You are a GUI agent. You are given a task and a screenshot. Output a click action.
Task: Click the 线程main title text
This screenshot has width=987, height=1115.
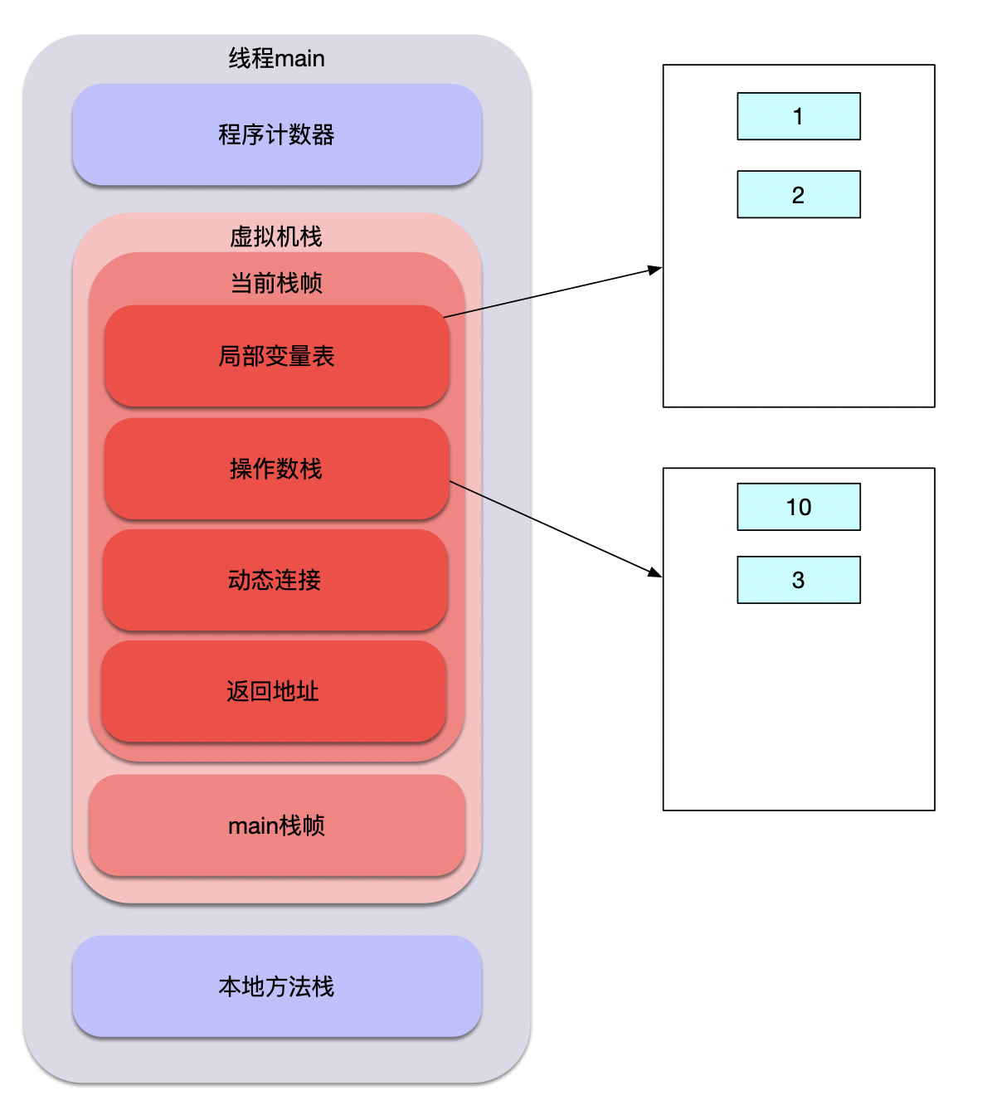click(x=276, y=59)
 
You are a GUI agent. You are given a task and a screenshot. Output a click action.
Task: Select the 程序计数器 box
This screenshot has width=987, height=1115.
click(x=276, y=134)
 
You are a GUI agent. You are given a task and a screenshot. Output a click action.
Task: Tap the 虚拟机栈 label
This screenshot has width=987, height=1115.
click(x=276, y=236)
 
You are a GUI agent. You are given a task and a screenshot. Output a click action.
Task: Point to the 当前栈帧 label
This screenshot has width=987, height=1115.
click(x=276, y=283)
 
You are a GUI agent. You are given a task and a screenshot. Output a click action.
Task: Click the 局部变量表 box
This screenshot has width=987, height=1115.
click(x=276, y=356)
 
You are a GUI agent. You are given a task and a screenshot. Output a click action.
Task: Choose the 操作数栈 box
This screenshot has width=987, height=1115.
click(x=276, y=469)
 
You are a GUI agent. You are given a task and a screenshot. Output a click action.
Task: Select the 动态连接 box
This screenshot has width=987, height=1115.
click(x=275, y=580)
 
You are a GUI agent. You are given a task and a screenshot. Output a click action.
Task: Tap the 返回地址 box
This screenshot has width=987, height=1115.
click(x=273, y=691)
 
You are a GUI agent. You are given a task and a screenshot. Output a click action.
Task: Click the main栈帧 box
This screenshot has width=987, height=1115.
click(x=276, y=825)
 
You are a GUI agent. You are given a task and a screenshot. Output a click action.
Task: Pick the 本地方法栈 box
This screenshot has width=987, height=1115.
click(x=276, y=986)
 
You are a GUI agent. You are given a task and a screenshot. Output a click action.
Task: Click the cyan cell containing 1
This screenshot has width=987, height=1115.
click(x=798, y=116)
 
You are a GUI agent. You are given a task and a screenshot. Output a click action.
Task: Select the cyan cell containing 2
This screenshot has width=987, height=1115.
click(x=798, y=194)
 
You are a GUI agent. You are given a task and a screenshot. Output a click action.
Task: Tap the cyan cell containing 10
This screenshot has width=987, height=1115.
click(x=798, y=507)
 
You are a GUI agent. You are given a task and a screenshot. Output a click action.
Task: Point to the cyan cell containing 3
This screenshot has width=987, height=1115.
click(x=798, y=580)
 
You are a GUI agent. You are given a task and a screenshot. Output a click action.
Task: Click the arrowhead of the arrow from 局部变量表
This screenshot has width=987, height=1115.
click(x=656, y=269)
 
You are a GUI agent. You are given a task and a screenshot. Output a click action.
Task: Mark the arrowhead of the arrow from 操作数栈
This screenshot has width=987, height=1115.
click(x=655, y=572)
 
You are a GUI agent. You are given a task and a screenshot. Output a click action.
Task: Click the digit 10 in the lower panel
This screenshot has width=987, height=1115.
click(x=798, y=507)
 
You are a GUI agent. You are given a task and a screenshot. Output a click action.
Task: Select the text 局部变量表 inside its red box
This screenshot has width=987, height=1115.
click(x=276, y=356)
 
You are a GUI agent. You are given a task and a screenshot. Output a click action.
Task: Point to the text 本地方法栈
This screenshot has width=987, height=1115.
click(x=276, y=986)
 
